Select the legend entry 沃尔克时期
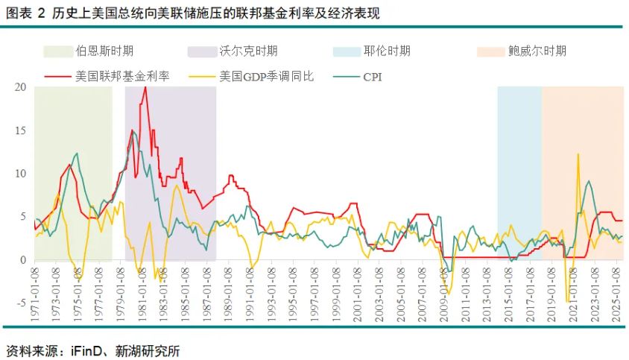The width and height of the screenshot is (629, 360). tap(248, 51)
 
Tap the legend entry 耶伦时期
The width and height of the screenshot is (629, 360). tap(387, 51)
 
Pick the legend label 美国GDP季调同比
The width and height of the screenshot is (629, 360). tap(267, 76)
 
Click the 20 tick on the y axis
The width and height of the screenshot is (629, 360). tap(20, 87)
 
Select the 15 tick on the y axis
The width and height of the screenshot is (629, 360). tap(20, 130)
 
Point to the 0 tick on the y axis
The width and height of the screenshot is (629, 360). tap(23, 260)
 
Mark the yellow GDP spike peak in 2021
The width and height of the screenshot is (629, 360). tap(578, 155)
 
